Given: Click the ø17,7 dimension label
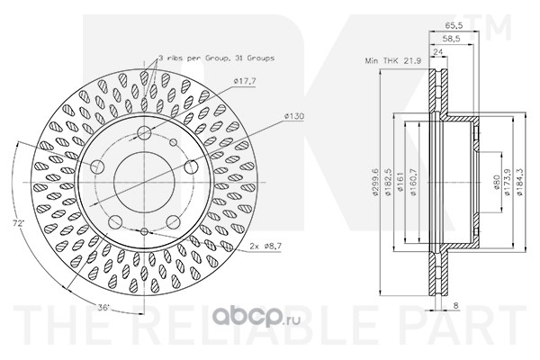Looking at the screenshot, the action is [x=245, y=82].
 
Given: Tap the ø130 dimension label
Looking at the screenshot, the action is [x=294, y=116].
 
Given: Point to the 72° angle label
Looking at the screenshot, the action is [x=19, y=223].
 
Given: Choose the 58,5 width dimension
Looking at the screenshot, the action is [x=451, y=39].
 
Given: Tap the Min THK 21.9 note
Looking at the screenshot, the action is [x=393, y=61].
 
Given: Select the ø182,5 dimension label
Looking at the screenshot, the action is [x=388, y=182].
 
